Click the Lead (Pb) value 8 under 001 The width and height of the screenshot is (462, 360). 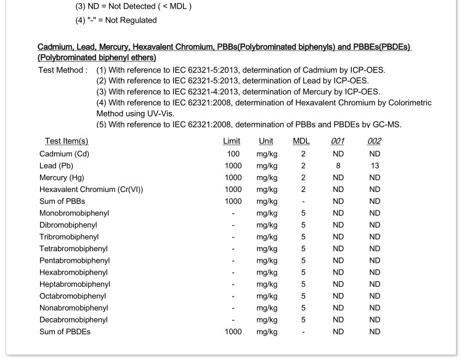point(338,166)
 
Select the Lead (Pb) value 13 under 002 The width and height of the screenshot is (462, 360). point(375,166)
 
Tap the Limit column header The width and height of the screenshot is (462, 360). point(232,142)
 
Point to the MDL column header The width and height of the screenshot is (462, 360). point(301,142)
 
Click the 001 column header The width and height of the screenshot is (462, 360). point(338,142)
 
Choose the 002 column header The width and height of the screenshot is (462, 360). point(374,142)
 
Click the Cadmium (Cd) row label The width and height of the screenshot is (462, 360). point(64,154)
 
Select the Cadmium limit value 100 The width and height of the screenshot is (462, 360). point(233,154)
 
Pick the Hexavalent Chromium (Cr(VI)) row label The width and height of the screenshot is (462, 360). point(91,190)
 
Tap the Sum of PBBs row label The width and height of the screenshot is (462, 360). point(62,201)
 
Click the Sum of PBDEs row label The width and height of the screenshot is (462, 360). point(64,332)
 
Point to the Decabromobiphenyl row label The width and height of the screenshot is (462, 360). point(73,319)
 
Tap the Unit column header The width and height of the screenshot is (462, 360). point(266,142)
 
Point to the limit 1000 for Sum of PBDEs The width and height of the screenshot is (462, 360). point(233,332)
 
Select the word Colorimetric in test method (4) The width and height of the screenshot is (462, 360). point(408,103)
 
